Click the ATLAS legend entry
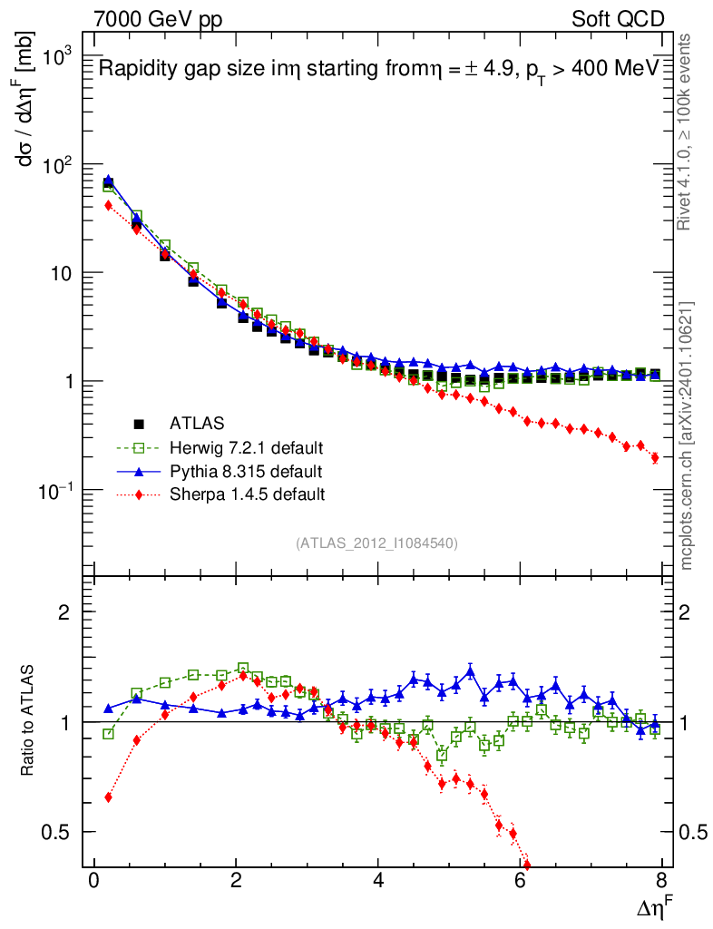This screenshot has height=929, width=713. [x=195, y=423]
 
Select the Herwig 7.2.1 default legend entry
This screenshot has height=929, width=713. [x=245, y=447]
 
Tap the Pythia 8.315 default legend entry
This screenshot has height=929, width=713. [x=245, y=471]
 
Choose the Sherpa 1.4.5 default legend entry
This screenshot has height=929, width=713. [x=247, y=494]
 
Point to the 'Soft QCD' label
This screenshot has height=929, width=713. [x=618, y=19]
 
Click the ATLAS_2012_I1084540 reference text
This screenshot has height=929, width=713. [x=376, y=543]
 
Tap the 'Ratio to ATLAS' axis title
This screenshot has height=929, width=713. [x=28, y=720]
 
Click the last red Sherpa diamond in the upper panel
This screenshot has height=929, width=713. [x=655, y=457]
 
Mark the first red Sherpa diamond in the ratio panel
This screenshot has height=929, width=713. [x=109, y=797]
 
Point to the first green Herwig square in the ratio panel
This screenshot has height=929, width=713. [x=109, y=733]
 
